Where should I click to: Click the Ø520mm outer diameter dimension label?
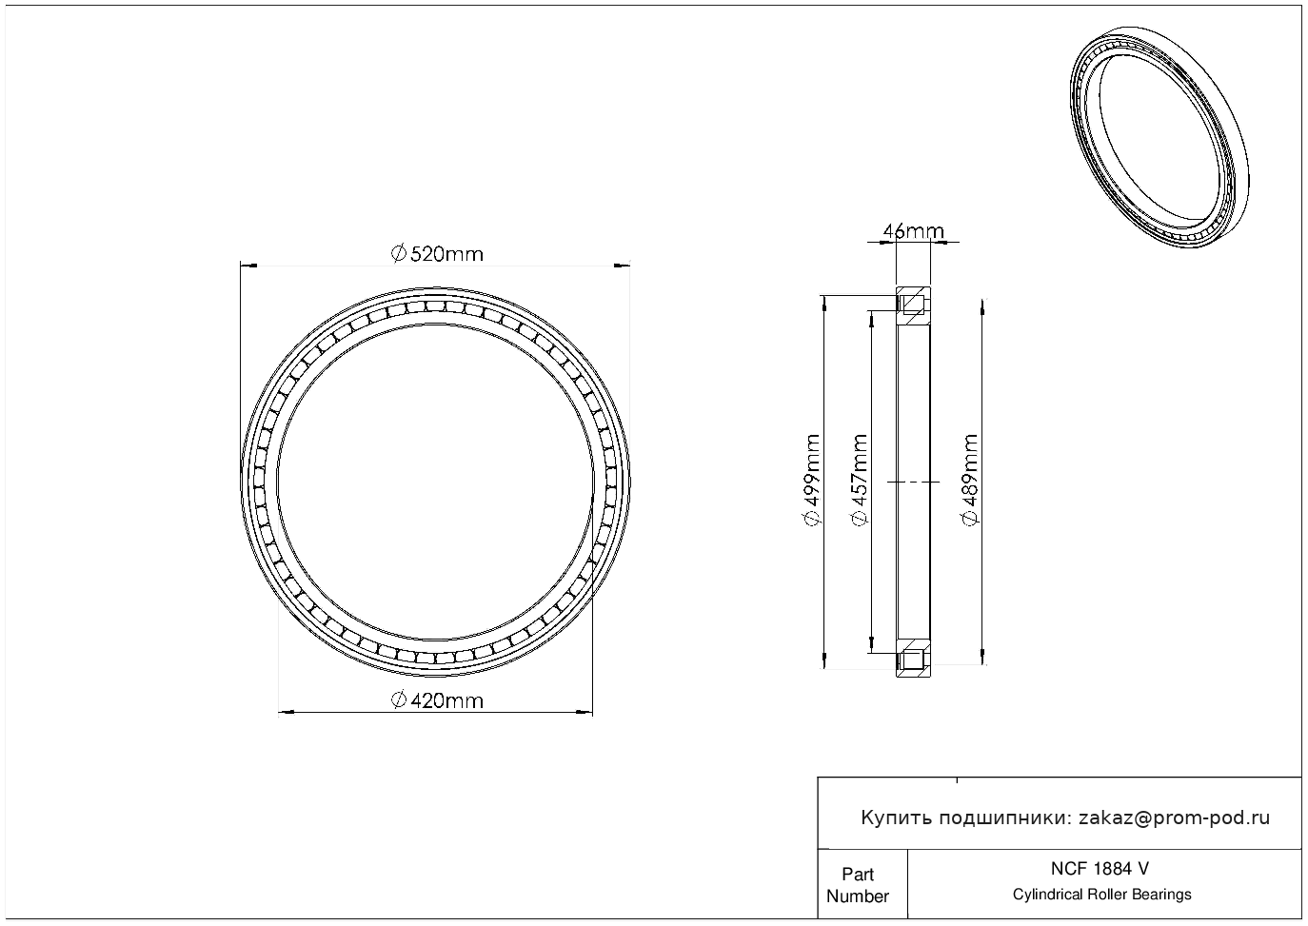point(437,254)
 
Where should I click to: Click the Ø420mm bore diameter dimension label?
point(437,700)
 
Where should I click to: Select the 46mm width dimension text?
point(913,231)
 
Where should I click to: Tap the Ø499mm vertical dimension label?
point(812,481)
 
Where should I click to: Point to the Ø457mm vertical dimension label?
point(860,481)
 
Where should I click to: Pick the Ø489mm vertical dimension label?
point(969,481)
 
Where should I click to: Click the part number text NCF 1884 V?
point(1100,869)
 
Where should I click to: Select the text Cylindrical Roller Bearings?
point(1101,895)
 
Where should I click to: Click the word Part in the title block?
point(858,874)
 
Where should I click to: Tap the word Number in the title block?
point(858,896)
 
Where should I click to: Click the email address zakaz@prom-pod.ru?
point(1174,818)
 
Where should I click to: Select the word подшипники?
point(1003,818)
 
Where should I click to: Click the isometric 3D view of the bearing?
point(1159,138)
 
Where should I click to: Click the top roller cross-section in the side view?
point(913,304)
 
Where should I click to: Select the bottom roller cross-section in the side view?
point(913,660)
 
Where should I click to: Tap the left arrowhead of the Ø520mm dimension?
point(248,266)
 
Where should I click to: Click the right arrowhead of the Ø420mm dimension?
point(584,712)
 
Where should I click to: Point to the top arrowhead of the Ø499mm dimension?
point(823,305)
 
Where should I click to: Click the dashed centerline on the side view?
point(913,482)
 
